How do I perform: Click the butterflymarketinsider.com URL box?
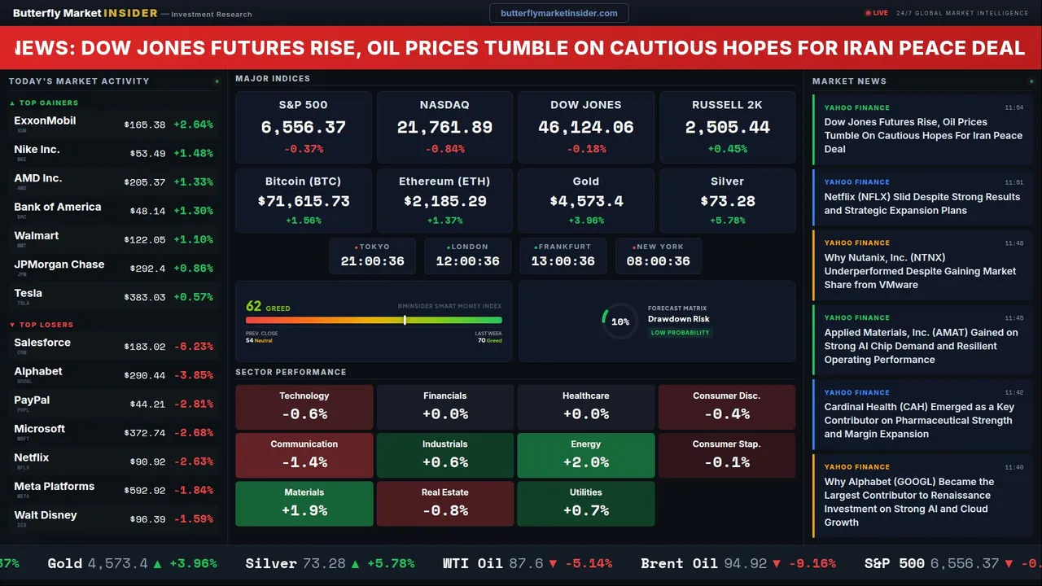[558, 13]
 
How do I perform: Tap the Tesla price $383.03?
[145, 298]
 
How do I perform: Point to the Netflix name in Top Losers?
[32, 457]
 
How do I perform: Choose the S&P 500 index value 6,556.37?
[303, 127]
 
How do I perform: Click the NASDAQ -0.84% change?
[444, 149]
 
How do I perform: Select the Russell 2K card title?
[727, 105]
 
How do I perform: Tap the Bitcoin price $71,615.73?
[303, 201]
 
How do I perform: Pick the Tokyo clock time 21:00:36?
[372, 261]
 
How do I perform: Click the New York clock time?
[658, 261]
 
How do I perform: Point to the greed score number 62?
[254, 306]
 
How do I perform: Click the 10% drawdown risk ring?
[620, 321]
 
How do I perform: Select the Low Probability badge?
[680, 333]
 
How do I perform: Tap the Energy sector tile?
[586, 456]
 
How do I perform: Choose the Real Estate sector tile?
[444, 504]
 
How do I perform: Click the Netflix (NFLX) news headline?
[922, 203]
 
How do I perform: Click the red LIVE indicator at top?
[877, 13]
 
